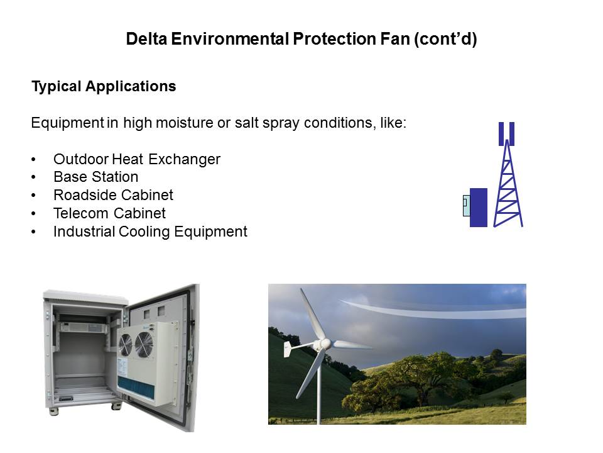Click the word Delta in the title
tap(146, 39)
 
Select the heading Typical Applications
tap(104, 86)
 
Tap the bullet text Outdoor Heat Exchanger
tap(137, 159)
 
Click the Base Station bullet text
tap(95, 177)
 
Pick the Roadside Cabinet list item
tap(114, 195)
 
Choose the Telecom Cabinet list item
tap(109, 213)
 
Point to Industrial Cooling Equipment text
tap(150, 232)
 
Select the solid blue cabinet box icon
tap(479, 208)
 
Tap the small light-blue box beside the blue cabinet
tap(467, 206)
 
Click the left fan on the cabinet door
tap(126, 345)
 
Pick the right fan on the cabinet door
tap(144, 344)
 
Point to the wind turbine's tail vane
tap(288, 349)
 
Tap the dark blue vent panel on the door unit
tap(136, 388)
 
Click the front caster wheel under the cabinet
tap(116, 406)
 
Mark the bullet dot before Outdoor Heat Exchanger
tap(34, 160)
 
